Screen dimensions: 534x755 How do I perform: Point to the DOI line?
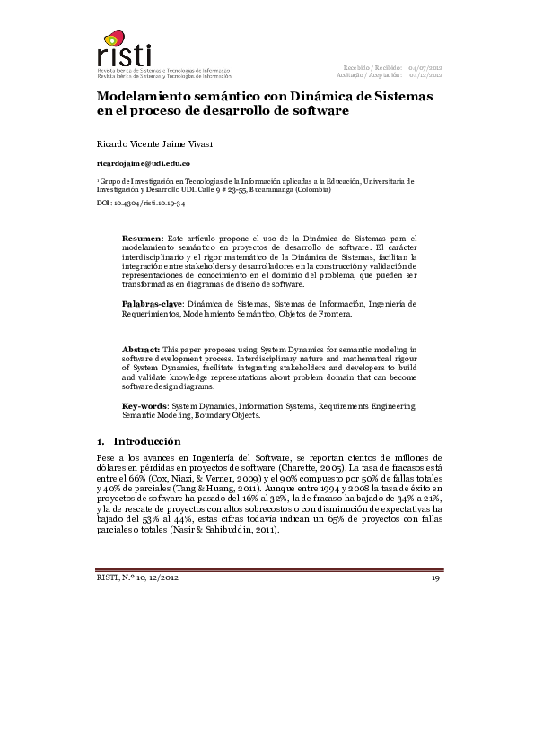pyautogui.click(x=141, y=204)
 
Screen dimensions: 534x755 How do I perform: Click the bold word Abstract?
pyautogui.click(x=141, y=347)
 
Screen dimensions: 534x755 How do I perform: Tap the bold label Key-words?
pyautogui.click(x=144, y=406)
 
